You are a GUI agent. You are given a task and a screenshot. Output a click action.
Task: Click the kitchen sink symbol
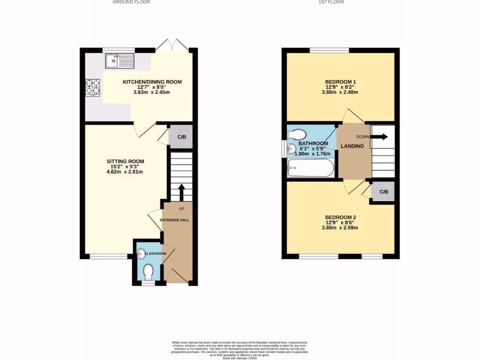point(120,60)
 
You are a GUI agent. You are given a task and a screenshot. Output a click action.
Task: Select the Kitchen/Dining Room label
point(152,82)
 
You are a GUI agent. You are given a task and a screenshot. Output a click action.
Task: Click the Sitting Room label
point(125,161)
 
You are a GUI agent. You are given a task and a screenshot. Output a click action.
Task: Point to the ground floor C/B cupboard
point(181,137)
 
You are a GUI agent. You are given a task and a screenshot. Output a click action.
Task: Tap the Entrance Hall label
point(175,220)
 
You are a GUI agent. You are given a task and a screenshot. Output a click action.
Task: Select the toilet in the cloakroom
point(149,271)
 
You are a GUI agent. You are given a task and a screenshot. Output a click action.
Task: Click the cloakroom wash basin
point(141,254)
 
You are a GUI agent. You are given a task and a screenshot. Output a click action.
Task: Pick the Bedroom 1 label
point(340,82)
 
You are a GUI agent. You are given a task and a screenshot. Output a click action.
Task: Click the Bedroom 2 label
point(341,217)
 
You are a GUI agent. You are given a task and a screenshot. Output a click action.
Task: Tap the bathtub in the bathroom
point(310,167)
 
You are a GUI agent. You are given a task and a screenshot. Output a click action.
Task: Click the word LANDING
point(352,146)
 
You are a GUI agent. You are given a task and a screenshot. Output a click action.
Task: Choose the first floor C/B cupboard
point(383,192)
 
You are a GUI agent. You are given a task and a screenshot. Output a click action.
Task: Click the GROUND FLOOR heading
point(131,2)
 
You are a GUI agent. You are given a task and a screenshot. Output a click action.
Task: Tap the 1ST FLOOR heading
point(331,2)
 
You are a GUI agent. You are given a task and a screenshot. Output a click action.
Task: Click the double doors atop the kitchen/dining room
point(172,45)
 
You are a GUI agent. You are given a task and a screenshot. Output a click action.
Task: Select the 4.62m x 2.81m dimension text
point(125,172)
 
